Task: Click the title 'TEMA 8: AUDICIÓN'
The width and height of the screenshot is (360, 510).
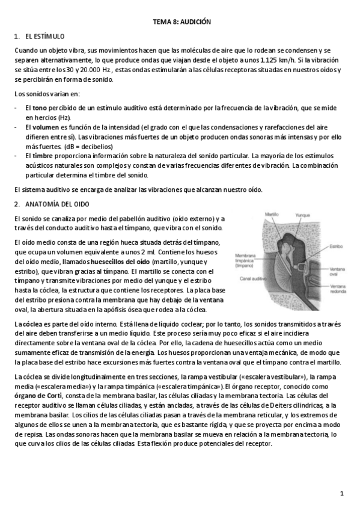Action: [x=180, y=21]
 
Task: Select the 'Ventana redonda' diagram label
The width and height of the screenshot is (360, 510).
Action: [x=338, y=288]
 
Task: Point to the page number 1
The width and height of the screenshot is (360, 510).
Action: [x=341, y=494]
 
